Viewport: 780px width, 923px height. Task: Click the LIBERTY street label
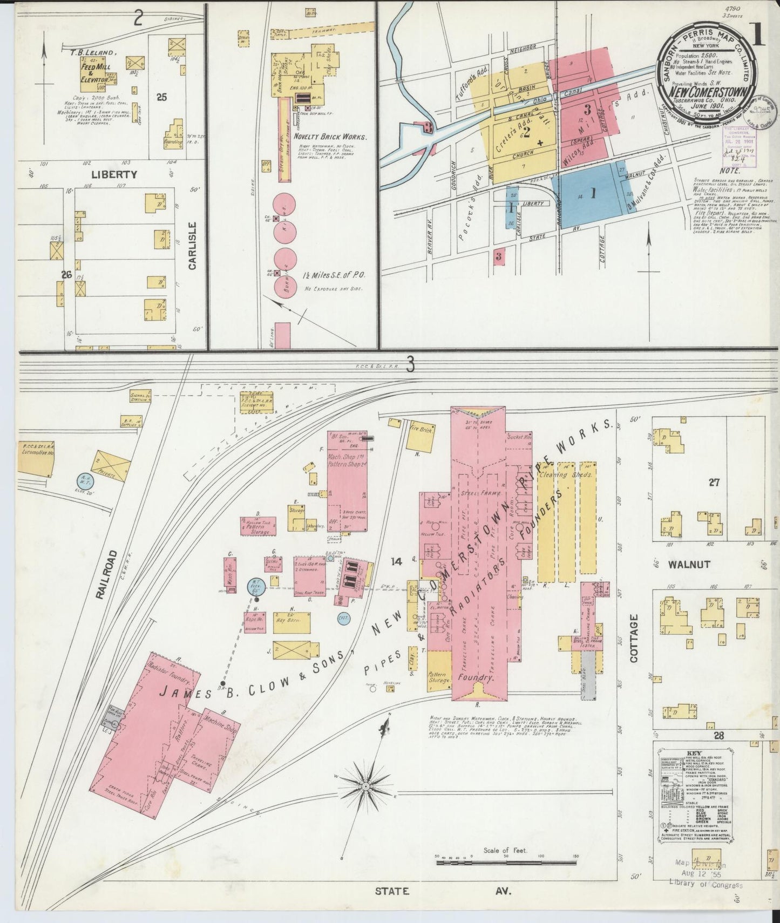tap(114, 174)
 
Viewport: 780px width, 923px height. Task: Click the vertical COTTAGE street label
tap(634, 639)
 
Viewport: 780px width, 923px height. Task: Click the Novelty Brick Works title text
tap(334, 137)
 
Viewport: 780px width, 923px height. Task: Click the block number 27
tap(714, 483)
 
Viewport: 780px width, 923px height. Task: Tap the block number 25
tap(161, 97)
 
